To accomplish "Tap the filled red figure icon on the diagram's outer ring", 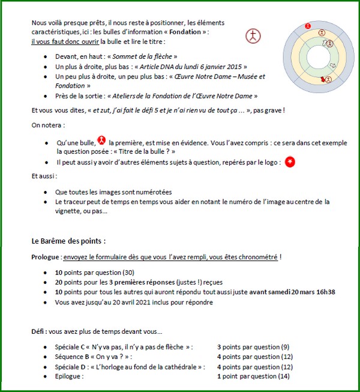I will pyautogui.click(x=308, y=26).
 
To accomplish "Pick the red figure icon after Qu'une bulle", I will pyautogui.click(x=101, y=140).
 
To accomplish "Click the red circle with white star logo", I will pyautogui.click(x=290, y=163).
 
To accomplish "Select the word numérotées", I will pyautogui.click(x=151, y=192).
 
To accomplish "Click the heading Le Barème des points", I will pyautogui.click(x=68, y=241).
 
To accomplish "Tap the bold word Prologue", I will pyautogui.click(x=46, y=257).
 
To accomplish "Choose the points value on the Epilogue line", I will pyautogui.click(x=253, y=376).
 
